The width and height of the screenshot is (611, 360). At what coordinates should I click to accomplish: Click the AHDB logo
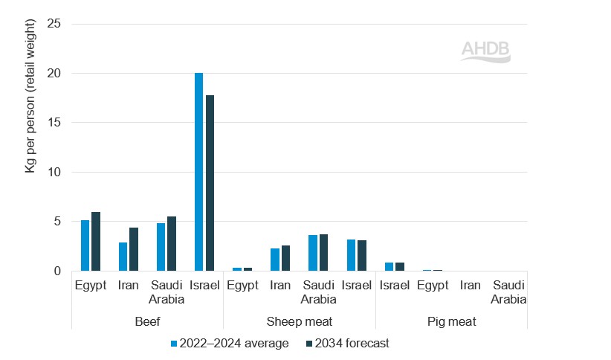[486, 51]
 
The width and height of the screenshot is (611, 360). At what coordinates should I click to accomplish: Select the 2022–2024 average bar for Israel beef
[198, 172]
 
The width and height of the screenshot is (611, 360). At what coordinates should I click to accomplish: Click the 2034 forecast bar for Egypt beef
[95, 241]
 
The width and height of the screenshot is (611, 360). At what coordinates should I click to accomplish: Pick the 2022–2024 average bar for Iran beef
[123, 257]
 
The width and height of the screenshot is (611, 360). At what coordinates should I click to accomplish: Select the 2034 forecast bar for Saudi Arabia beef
[171, 243]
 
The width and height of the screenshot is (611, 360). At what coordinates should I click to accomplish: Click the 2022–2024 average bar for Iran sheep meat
[275, 260]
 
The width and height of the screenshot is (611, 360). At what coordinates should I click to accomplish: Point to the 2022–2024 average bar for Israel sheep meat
[351, 255]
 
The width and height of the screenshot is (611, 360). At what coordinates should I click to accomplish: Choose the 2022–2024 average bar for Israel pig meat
[389, 266]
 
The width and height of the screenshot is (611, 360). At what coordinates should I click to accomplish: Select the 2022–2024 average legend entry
[230, 343]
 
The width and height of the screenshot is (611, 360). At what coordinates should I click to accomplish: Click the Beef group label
[147, 321]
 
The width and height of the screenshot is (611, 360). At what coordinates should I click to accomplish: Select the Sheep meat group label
[299, 321]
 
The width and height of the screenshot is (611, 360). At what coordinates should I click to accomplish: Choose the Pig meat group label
[451, 321]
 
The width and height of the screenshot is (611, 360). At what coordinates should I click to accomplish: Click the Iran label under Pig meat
[470, 285]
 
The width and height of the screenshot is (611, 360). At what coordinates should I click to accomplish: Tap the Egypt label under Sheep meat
[242, 285]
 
